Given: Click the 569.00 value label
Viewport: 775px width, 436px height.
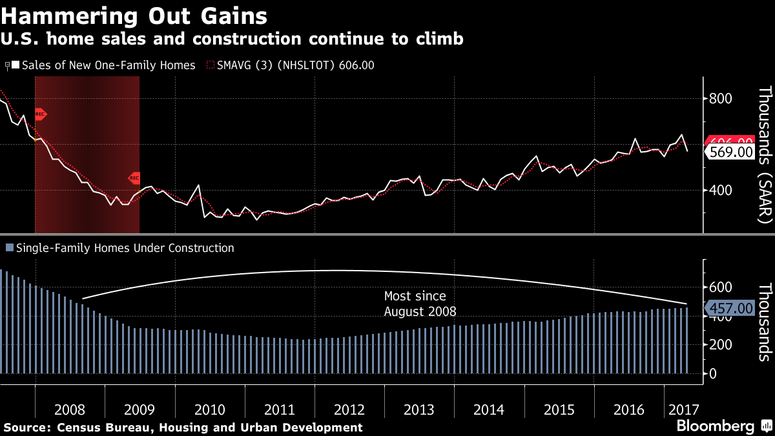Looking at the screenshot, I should (x=730, y=152).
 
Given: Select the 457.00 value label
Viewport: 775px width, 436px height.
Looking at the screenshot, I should (x=730, y=309).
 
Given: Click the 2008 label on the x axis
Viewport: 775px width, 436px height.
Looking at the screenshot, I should (x=70, y=410).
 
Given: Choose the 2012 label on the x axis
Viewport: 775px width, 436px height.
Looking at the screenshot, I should (x=349, y=410).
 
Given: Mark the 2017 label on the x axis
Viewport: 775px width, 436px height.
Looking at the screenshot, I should (x=684, y=410).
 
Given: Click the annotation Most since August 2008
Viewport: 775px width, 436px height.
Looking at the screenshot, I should (x=420, y=304).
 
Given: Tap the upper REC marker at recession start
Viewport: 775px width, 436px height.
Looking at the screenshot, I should (x=41, y=114).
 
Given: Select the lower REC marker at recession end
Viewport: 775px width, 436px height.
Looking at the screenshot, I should (x=134, y=178).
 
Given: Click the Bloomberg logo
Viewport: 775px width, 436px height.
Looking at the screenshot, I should (x=715, y=426).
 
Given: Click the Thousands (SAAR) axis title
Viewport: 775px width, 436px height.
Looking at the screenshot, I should (x=764, y=155).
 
